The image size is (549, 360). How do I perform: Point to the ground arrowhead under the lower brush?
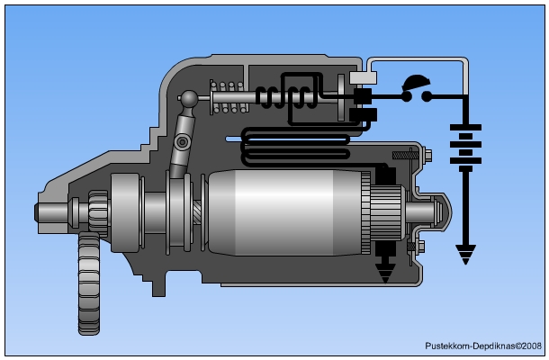[386, 273]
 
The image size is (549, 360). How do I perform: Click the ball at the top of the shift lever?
[189, 98]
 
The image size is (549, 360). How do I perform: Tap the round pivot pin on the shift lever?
[183, 142]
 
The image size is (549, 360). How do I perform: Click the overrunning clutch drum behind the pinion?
[125, 212]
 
